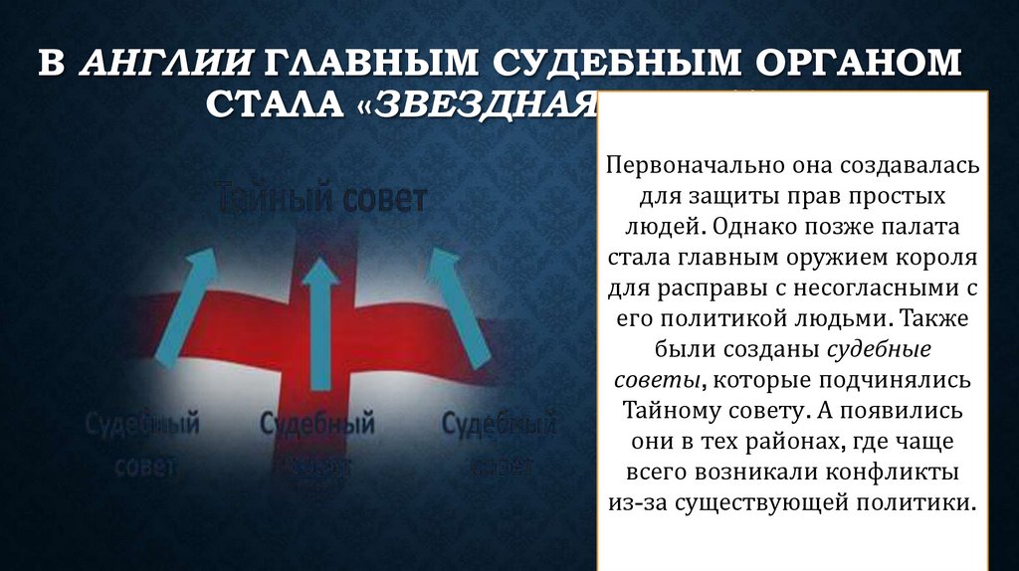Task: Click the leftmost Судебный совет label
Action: (x=141, y=442)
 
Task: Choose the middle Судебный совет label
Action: (x=316, y=442)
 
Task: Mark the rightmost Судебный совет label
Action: (x=498, y=442)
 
